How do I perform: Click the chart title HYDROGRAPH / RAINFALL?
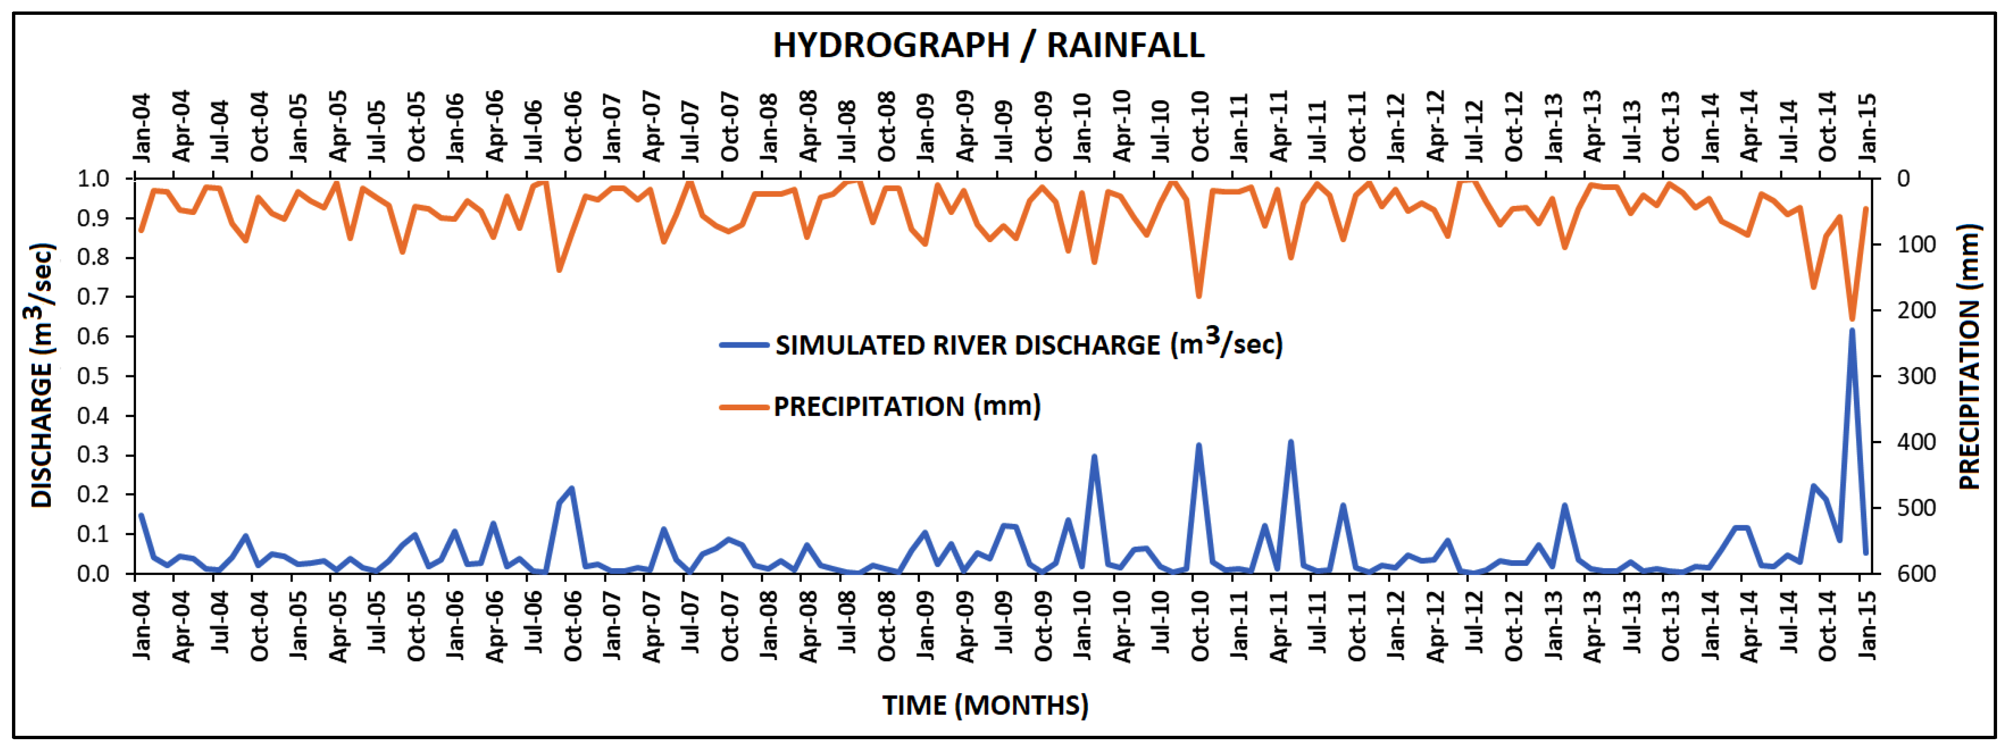point(988,45)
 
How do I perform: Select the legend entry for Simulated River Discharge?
point(1028,345)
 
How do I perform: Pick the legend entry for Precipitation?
point(906,406)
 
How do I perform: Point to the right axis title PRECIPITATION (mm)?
point(1969,357)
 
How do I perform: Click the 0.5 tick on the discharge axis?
point(94,377)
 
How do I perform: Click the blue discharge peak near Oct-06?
point(572,488)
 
